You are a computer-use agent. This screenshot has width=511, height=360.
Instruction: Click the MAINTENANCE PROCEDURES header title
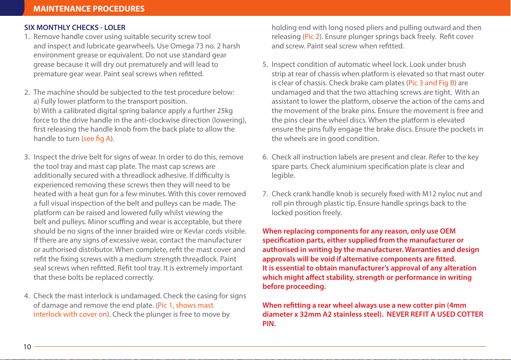point(89,9)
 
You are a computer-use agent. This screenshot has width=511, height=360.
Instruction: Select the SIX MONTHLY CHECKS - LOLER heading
point(75,27)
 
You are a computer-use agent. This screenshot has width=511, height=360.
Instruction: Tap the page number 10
point(27,347)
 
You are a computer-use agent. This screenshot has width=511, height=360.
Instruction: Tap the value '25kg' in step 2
point(224,111)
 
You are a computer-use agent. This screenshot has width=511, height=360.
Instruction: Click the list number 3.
point(27,157)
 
